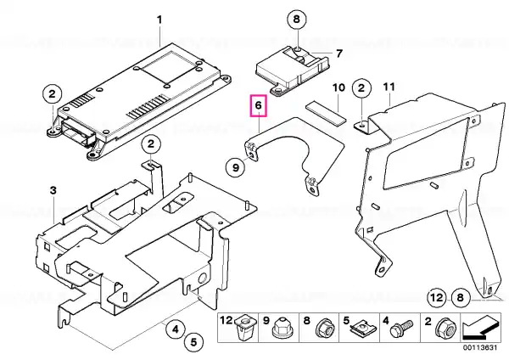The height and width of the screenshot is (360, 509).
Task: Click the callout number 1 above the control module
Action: coord(159,20)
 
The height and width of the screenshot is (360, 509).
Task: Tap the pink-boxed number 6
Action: coord(258,105)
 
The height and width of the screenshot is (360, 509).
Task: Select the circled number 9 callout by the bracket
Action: coord(236,167)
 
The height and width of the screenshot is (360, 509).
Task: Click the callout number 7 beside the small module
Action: coord(338,53)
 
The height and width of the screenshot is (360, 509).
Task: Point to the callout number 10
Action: coord(338,87)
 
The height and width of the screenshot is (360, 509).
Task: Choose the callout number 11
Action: coord(389,87)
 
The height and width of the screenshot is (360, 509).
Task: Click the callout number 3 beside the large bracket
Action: coord(53,190)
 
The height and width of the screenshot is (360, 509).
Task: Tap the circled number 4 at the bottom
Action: coord(176,329)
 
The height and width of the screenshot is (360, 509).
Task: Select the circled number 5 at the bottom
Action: coord(193,342)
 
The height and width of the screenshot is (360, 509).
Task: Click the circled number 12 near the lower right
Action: coord(437,297)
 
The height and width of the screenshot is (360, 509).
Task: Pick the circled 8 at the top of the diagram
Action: coord(297,20)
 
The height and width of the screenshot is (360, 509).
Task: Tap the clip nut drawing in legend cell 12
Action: coord(243,328)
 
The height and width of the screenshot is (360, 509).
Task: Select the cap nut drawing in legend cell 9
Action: coord(281,328)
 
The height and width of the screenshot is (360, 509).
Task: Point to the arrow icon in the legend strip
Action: coord(481,328)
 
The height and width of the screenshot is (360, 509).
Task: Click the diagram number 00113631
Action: coord(480,347)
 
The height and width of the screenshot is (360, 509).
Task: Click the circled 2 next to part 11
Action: coord(361,87)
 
